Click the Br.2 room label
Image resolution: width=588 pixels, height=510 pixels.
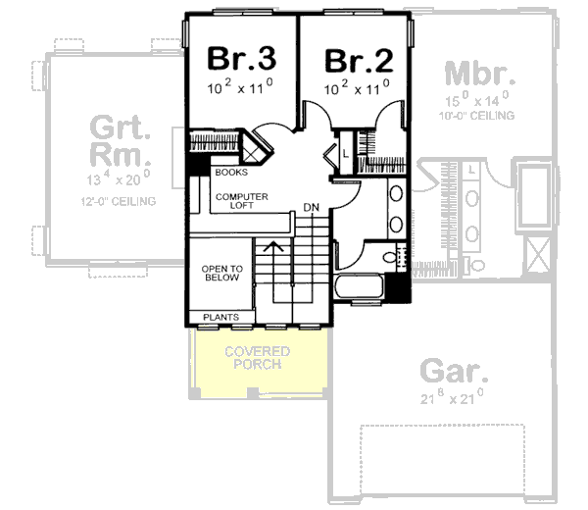(x=359, y=60)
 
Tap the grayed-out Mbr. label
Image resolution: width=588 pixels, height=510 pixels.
(x=480, y=74)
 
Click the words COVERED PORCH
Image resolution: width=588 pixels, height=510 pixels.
(x=256, y=358)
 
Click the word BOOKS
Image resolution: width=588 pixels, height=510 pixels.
(x=230, y=173)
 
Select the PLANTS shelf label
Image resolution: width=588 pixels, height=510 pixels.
(x=220, y=317)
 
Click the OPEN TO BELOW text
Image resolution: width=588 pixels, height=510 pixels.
(x=220, y=272)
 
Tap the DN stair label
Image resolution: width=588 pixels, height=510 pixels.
(x=311, y=208)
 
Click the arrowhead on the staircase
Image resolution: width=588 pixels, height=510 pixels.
(x=275, y=246)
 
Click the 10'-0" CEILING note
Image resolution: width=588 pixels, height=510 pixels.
(x=480, y=116)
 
